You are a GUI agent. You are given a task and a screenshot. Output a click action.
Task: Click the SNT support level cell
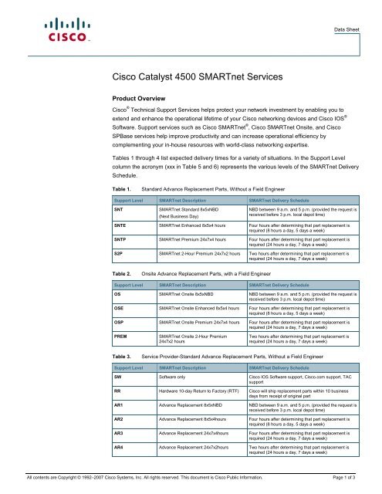118,209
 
